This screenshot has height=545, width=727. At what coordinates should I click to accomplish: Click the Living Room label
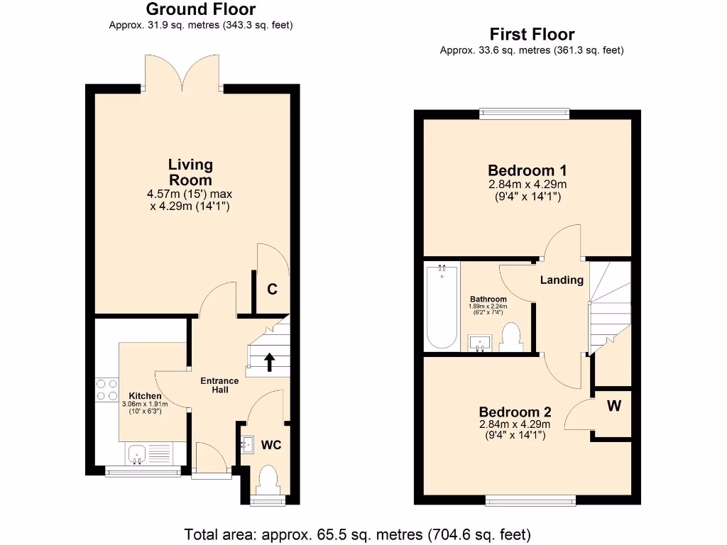tap(190, 172)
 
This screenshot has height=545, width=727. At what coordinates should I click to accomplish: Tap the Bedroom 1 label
tap(527, 171)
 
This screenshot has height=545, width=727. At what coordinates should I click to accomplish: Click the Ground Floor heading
tap(201, 9)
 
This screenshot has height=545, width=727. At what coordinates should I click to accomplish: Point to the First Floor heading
tap(532, 34)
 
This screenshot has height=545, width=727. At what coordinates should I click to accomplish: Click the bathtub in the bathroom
tap(442, 306)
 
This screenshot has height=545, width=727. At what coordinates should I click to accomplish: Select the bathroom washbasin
tap(481, 343)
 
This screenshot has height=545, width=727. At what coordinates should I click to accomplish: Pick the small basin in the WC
tap(247, 444)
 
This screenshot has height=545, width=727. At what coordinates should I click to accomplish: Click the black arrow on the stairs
tap(270, 362)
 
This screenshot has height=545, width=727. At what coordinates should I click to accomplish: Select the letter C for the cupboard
tap(271, 290)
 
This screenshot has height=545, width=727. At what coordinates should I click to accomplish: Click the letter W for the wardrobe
tap(614, 407)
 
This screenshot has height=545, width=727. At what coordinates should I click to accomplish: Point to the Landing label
tap(562, 280)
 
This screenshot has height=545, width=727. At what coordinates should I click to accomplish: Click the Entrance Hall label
tap(219, 385)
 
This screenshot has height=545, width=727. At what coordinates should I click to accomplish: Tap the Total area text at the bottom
tap(358, 534)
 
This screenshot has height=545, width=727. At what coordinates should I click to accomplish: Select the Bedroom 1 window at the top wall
tap(524, 111)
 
